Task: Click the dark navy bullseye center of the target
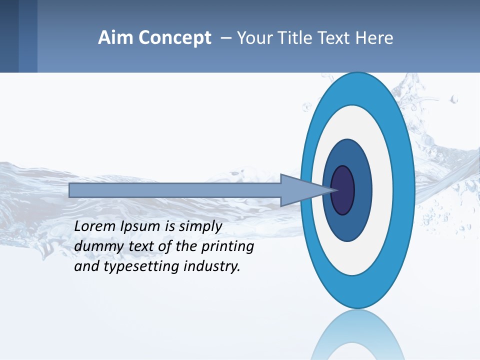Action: tap(343, 190)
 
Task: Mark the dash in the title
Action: tap(225, 38)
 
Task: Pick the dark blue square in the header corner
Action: tap(9, 36)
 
